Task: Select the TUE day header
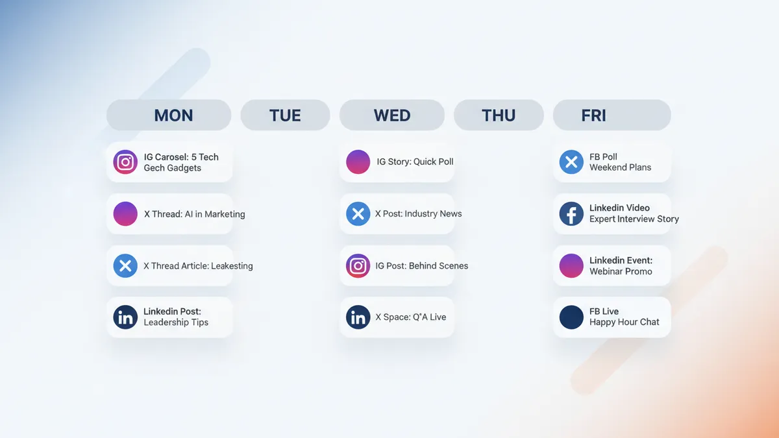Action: tap(285, 116)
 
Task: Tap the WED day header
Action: tap(392, 116)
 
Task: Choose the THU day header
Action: tap(499, 116)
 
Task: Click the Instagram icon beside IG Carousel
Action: tap(125, 162)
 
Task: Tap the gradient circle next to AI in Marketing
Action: tap(125, 213)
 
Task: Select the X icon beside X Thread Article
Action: tap(125, 265)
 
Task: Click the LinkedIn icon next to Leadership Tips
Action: tap(125, 317)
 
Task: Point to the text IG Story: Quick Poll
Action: tap(415, 162)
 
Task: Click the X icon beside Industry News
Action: tap(358, 213)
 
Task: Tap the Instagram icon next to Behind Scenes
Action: tap(358, 265)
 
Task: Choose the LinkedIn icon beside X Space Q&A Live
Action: tap(358, 317)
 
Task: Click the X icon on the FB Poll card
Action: tap(571, 162)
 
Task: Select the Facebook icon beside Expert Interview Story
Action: tap(571, 213)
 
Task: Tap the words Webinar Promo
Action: tap(621, 271)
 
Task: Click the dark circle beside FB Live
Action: tap(571, 317)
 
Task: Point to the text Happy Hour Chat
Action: tap(624, 322)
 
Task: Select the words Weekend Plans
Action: tap(620, 167)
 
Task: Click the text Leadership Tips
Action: tap(176, 322)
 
